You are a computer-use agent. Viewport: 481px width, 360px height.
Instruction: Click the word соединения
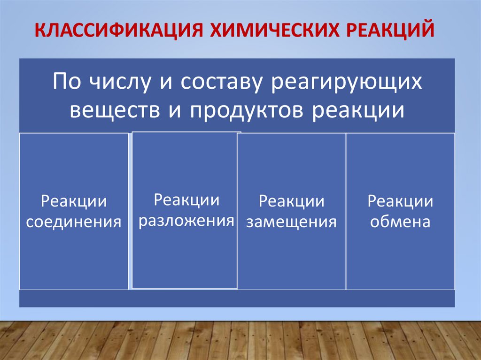74,222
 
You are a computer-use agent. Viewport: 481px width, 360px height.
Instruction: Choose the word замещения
291,222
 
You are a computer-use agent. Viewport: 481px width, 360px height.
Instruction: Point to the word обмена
400,222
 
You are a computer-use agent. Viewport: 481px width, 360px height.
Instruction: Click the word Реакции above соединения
74,202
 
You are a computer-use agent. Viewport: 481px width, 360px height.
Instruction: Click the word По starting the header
68,83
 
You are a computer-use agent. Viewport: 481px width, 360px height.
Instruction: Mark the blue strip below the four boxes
237,299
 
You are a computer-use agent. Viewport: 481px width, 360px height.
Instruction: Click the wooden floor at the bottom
240,340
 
